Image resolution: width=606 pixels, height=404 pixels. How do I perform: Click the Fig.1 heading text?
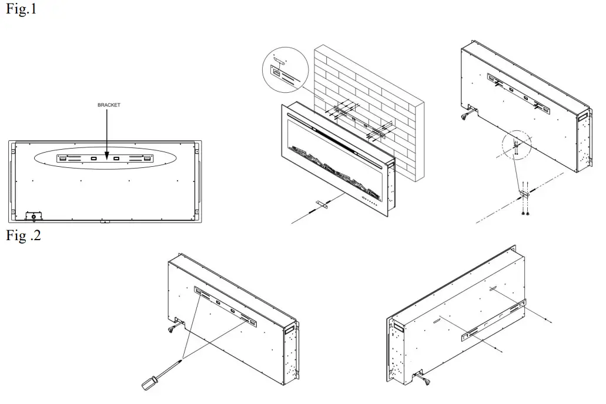pyautogui.click(x=21, y=10)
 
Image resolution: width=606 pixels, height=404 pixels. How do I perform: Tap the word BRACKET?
pyautogui.click(x=109, y=105)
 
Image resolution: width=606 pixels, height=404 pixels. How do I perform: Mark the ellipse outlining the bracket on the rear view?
pyautogui.click(x=104, y=159)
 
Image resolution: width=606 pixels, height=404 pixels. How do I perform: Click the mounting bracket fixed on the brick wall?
pyautogui.click(x=359, y=122)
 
